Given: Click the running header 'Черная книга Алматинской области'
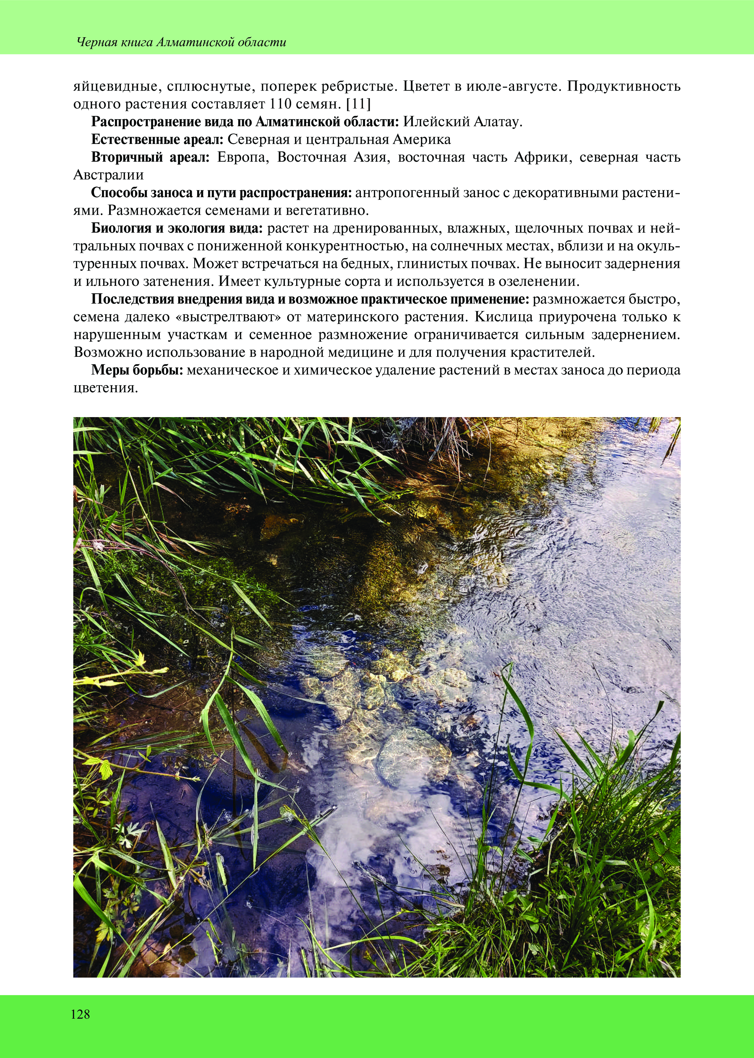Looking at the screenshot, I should [181, 43].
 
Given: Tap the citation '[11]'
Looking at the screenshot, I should [359, 104].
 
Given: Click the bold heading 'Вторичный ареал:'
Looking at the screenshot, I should [150, 157].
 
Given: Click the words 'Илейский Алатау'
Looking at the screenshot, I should [463, 122].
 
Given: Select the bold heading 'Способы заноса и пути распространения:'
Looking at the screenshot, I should [221, 193].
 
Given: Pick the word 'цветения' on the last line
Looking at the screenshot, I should [106, 388].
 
